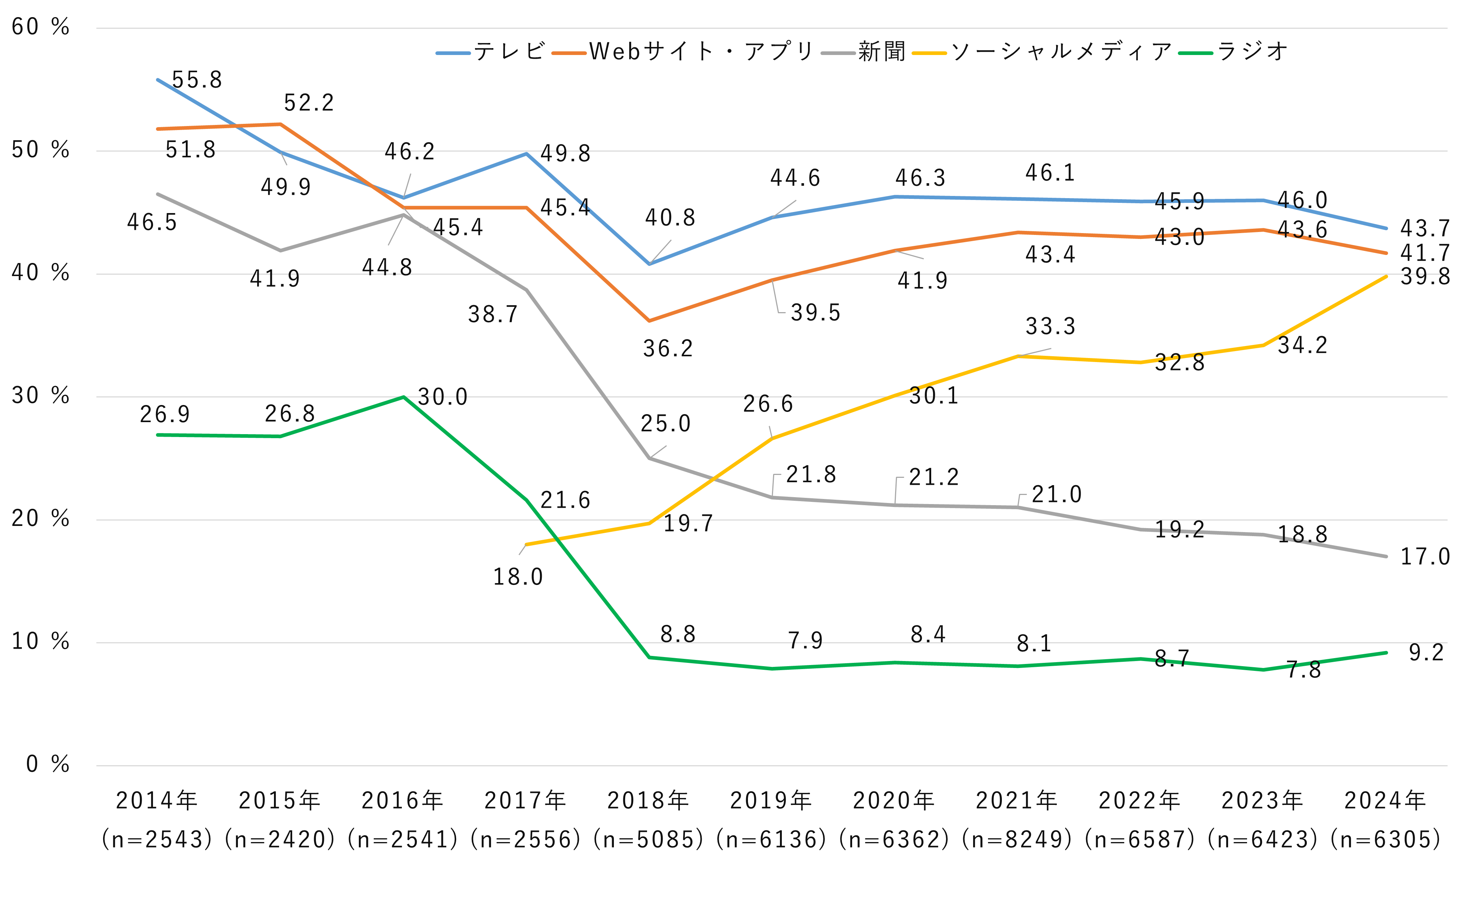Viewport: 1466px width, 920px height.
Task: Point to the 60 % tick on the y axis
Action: [x=40, y=27]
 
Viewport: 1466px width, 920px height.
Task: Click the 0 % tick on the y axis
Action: [x=47, y=765]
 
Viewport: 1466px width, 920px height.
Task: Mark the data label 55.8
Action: [x=197, y=80]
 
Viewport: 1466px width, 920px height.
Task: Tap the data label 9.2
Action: [x=1426, y=653]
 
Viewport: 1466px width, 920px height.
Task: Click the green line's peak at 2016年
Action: [x=403, y=397]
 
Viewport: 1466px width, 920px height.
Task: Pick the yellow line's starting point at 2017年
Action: [x=526, y=544]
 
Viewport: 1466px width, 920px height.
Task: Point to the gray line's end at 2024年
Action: [x=1386, y=557]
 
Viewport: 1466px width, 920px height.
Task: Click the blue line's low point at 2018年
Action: [x=649, y=264]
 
